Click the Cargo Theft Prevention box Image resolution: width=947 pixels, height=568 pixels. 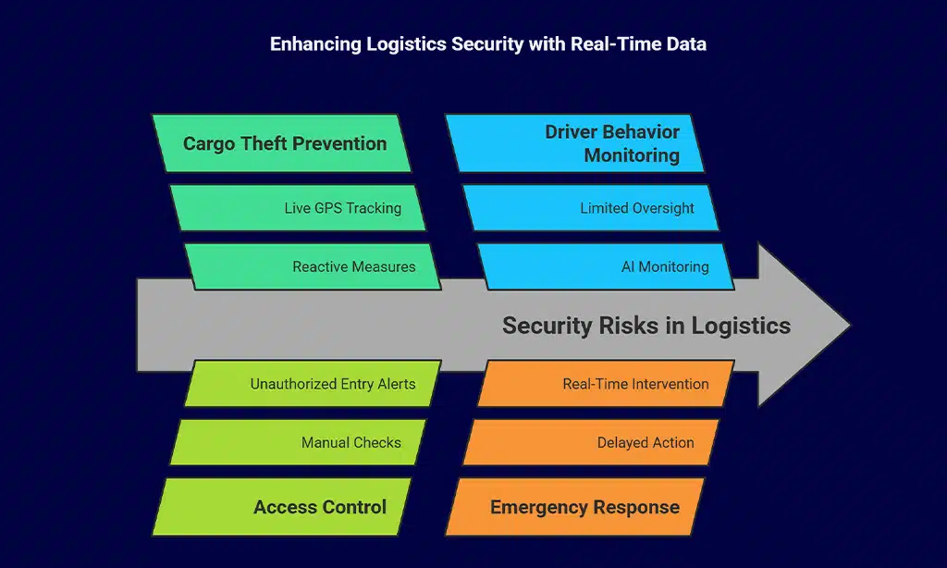click(x=282, y=143)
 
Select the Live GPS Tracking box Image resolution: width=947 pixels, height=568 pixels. click(x=298, y=208)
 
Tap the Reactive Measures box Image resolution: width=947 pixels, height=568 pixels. click(x=313, y=266)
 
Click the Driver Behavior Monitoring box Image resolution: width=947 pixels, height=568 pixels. click(x=575, y=143)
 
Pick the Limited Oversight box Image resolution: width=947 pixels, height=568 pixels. click(x=592, y=208)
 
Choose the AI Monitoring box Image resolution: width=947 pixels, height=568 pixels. click(x=606, y=266)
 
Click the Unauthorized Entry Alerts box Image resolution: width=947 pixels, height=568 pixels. click(x=313, y=384)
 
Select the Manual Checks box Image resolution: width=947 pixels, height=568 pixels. click(x=298, y=442)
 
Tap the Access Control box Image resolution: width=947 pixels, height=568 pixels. click(x=282, y=507)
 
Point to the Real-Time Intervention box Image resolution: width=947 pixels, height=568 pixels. click(x=606, y=384)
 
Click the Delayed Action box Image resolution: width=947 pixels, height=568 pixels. click(x=592, y=442)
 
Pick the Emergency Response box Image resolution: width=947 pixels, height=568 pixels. click(x=575, y=507)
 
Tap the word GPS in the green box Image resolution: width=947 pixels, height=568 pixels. click(x=328, y=208)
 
